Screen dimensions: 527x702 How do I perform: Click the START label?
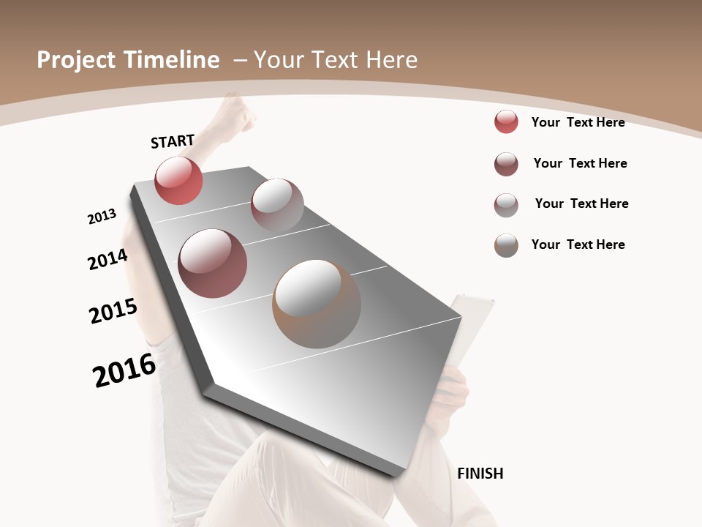(x=173, y=141)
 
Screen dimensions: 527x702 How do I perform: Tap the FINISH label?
(x=480, y=474)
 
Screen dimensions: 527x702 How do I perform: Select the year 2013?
(x=102, y=217)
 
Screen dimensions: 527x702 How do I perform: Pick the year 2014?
(x=107, y=260)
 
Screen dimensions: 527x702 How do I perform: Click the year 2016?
(x=124, y=370)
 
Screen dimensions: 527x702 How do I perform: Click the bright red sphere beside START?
(x=178, y=180)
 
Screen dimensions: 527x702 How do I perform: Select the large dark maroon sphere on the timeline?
(x=213, y=263)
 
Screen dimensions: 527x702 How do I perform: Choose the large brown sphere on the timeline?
(x=317, y=304)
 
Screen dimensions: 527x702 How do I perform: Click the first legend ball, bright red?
(x=506, y=122)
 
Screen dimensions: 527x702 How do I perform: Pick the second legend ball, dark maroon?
(x=506, y=164)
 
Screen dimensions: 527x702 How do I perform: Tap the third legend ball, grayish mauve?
(x=506, y=205)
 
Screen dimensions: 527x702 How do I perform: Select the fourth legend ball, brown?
(x=506, y=245)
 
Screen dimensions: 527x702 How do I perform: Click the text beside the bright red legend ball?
(x=578, y=122)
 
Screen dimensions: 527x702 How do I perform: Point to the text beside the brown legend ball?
(x=578, y=244)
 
